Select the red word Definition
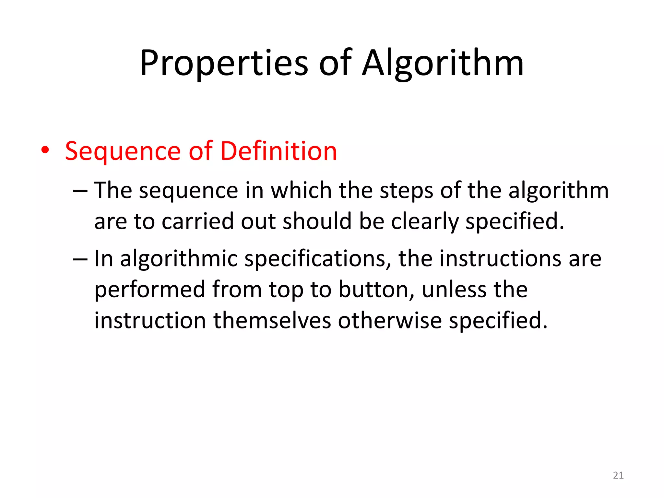[x=279, y=151]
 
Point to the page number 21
[x=618, y=475]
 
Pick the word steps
[x=406, y=190]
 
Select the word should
[x=317, y=221]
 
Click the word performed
[x=150, y=290]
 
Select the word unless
[x=454, y=290]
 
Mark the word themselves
[x=272, y=321]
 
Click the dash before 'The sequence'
[x=80, y=191]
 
